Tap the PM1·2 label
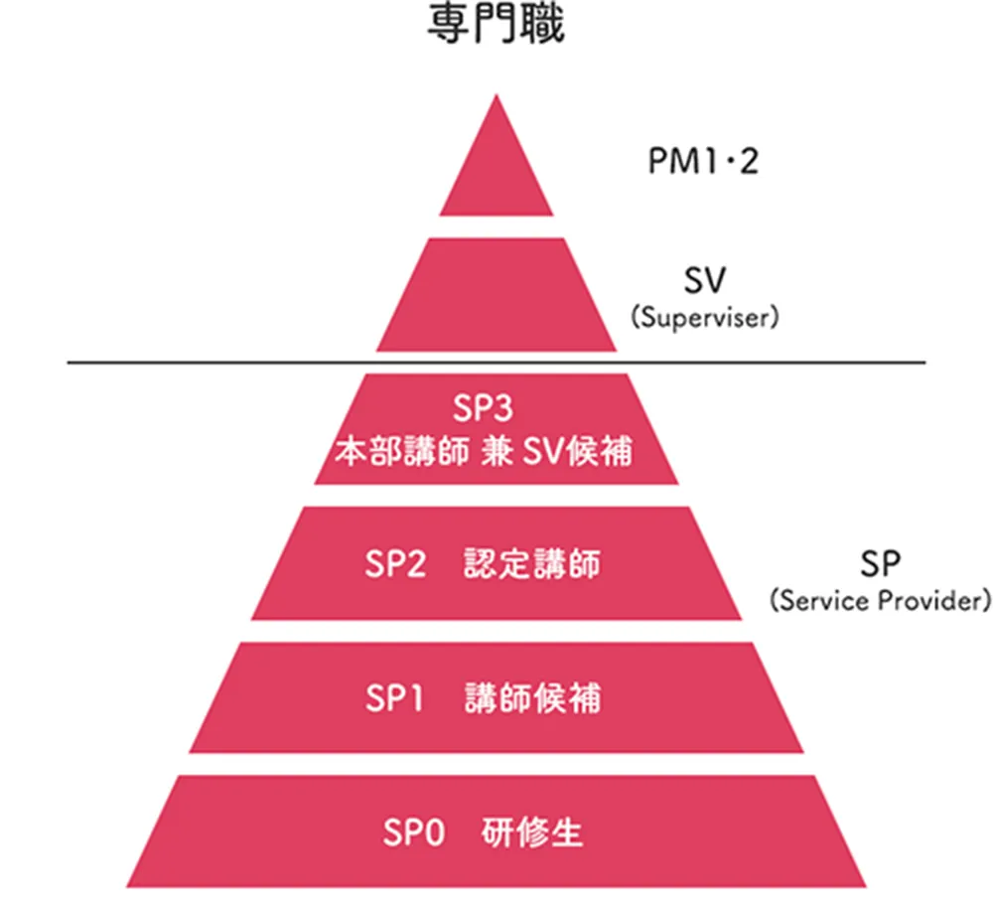(702, 160)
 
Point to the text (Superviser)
(702, 320)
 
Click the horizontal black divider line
(496, 363)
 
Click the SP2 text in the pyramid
(394, 564)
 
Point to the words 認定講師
(532, 564)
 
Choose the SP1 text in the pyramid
(394, 698)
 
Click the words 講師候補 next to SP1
(532, 698)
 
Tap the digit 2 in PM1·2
(748, 160)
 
